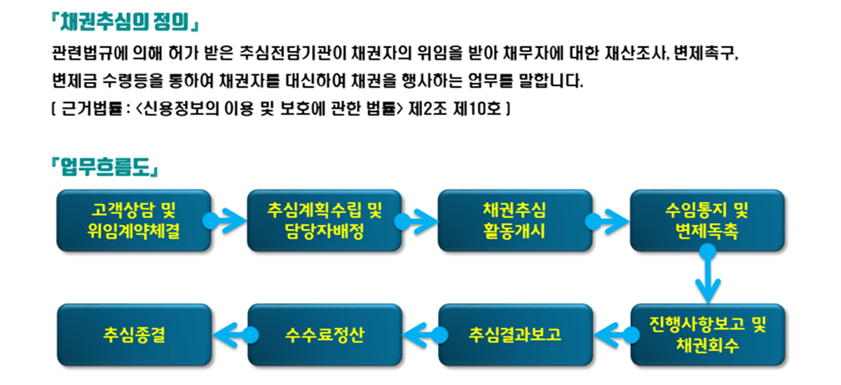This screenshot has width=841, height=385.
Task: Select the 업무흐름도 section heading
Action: pyautogui.click(x=104, y=167)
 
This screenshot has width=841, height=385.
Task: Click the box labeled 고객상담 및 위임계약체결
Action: pyautogui.click(x=134, y=220)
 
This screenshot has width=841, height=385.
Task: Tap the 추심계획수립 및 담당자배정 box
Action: pyautogui.click(x=324, y=220)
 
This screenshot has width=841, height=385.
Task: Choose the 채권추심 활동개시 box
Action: pyautogui.click(x=514, y=220)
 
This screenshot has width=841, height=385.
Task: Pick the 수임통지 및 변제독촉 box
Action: pyautogui.click(x=707, y=220)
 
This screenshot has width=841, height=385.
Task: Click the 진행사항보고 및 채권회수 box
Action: pyautogui.click(x=708, y=335)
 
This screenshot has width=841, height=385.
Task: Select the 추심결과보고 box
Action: pyautogui.click(x=516, y=335)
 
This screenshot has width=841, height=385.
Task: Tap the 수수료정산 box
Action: pyautogui.click(x=324, y=335)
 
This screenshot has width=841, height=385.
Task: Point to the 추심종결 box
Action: pyautogui.click(x=135, y=335)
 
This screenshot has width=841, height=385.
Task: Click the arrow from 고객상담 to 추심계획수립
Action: pyautogui.click(x=224, y=221)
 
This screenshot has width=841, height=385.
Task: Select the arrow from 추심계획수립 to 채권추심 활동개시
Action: pyautogui.click(x=416, y=222)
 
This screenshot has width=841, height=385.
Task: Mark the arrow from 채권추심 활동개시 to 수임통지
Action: pyautogui.click(x=607, y=222)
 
